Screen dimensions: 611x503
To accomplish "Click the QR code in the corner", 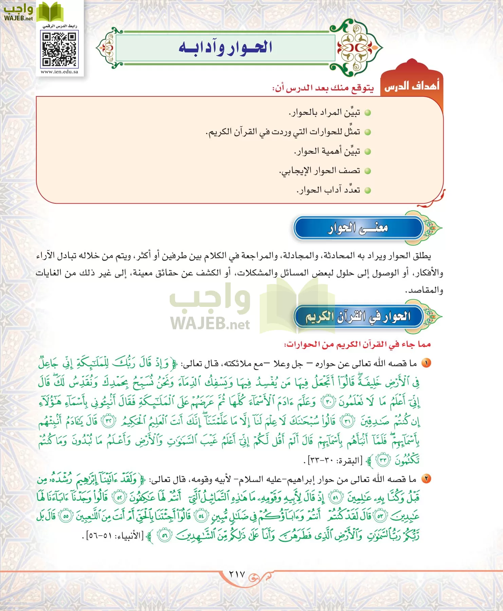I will (x=59, y=49).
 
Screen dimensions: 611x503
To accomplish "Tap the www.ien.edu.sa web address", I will (x=59, y=72).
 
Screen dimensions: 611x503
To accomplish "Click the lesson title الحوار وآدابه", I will (x=225, y=48).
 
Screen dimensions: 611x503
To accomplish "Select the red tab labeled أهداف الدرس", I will (x=412, y=86).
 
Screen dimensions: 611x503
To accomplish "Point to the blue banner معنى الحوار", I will (x=358, y=228).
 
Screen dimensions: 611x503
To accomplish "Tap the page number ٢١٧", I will (x=237, y=574).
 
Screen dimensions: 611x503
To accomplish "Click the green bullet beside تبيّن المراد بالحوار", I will (x=368, y=113).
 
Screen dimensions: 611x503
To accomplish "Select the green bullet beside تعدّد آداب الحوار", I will (x=368, y=190).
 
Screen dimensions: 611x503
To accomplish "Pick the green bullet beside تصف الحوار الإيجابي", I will (x=368, y=171).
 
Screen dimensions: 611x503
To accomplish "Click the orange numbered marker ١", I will (x=426, y=363).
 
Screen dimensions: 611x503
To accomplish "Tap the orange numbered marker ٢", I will (x=426, y=479).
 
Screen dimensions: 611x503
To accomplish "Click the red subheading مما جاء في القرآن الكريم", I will (x=357, y=345).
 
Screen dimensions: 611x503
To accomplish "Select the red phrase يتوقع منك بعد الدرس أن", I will (x=323, y=88).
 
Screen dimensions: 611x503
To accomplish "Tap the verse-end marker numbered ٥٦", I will (x=164, y=536).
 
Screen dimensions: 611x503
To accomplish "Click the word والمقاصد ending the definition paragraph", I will (x=424, y=291).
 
